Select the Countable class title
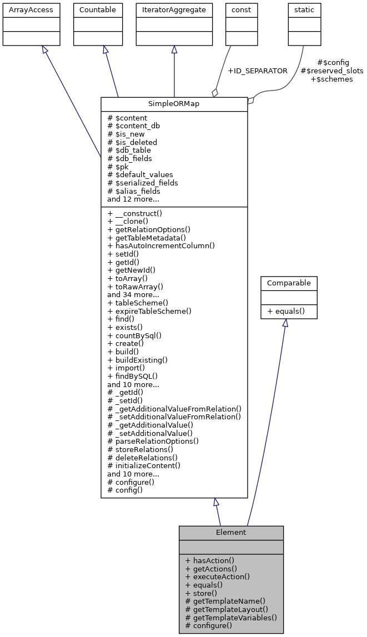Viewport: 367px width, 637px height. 98,9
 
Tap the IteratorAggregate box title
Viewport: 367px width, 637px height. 174,9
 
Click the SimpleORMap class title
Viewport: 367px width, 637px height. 174,104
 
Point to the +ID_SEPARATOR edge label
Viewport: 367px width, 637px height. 258,71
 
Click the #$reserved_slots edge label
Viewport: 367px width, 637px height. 332,71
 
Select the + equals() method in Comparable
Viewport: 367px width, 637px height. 286,311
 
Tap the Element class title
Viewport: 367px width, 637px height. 231,532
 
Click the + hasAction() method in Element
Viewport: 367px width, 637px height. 209,560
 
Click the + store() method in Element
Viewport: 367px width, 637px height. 201,593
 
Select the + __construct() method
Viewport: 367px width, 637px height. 134,214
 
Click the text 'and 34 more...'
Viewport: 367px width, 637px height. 133,294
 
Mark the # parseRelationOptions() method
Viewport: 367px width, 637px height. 153,441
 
